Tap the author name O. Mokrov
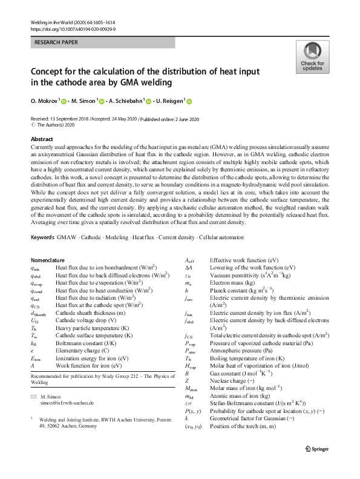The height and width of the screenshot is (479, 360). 48,102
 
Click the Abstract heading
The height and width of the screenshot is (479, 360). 42,139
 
